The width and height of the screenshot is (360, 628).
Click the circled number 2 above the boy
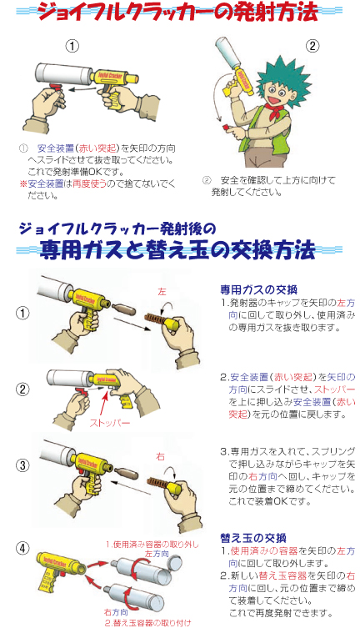click(312, 47)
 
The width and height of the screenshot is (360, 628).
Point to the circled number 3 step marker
click(22, 465)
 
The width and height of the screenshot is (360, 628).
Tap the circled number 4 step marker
click(22, 549)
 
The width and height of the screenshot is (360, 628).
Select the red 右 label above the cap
click(161, 456)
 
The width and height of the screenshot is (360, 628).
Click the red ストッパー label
click(109, 423)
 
